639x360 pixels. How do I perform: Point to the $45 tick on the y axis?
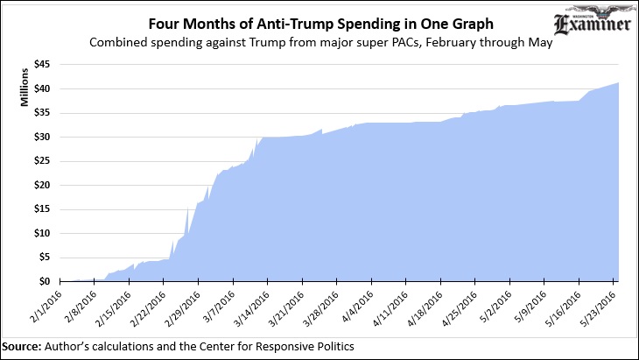coord(42,65)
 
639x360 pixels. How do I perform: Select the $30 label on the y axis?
coord(42,138)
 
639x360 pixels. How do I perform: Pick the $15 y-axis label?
coord(42,209)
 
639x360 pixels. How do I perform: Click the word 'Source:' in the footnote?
coord(20,345)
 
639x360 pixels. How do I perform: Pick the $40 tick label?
coord(42,89)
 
